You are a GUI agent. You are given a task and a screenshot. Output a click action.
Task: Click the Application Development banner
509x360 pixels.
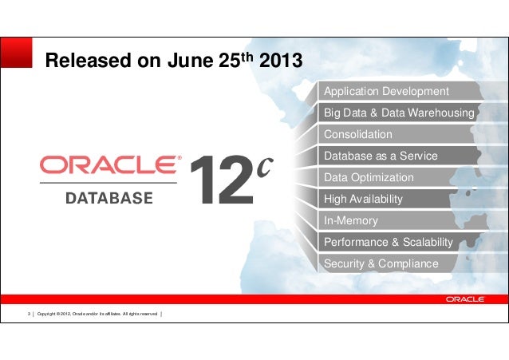point(386,91)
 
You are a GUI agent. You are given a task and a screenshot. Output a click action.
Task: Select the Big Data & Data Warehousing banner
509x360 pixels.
point(399,113)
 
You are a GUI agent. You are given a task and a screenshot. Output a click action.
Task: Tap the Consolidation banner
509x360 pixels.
point(358,134)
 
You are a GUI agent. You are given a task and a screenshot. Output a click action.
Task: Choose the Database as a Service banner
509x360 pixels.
point(381,156)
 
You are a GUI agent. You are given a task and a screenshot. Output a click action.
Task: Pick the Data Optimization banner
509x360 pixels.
point(369,177)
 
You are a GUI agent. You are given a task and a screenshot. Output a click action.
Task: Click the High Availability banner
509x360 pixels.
point(363,199)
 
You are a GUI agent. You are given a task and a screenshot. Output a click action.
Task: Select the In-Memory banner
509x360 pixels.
point(351,220)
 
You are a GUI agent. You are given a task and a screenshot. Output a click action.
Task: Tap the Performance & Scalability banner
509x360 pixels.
point(388,242)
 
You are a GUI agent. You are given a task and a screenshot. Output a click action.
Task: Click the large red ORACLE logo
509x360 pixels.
point(109,165)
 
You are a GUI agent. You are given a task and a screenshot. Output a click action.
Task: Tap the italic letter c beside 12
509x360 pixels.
point(265,166)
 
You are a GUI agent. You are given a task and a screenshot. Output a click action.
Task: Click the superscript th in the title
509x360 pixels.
point(247,55)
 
